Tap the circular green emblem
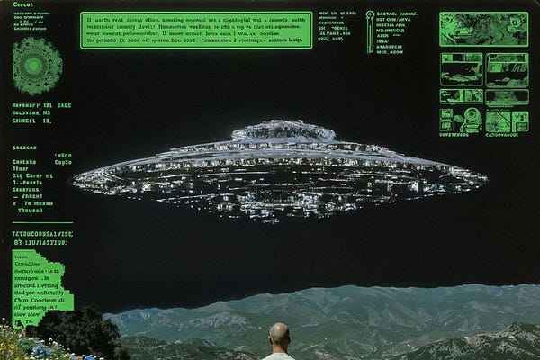click(x=37, y=66)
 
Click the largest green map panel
click(x=483, y=29)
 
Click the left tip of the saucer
click(x=76, y=177)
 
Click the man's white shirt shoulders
click(x=279, y=356)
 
